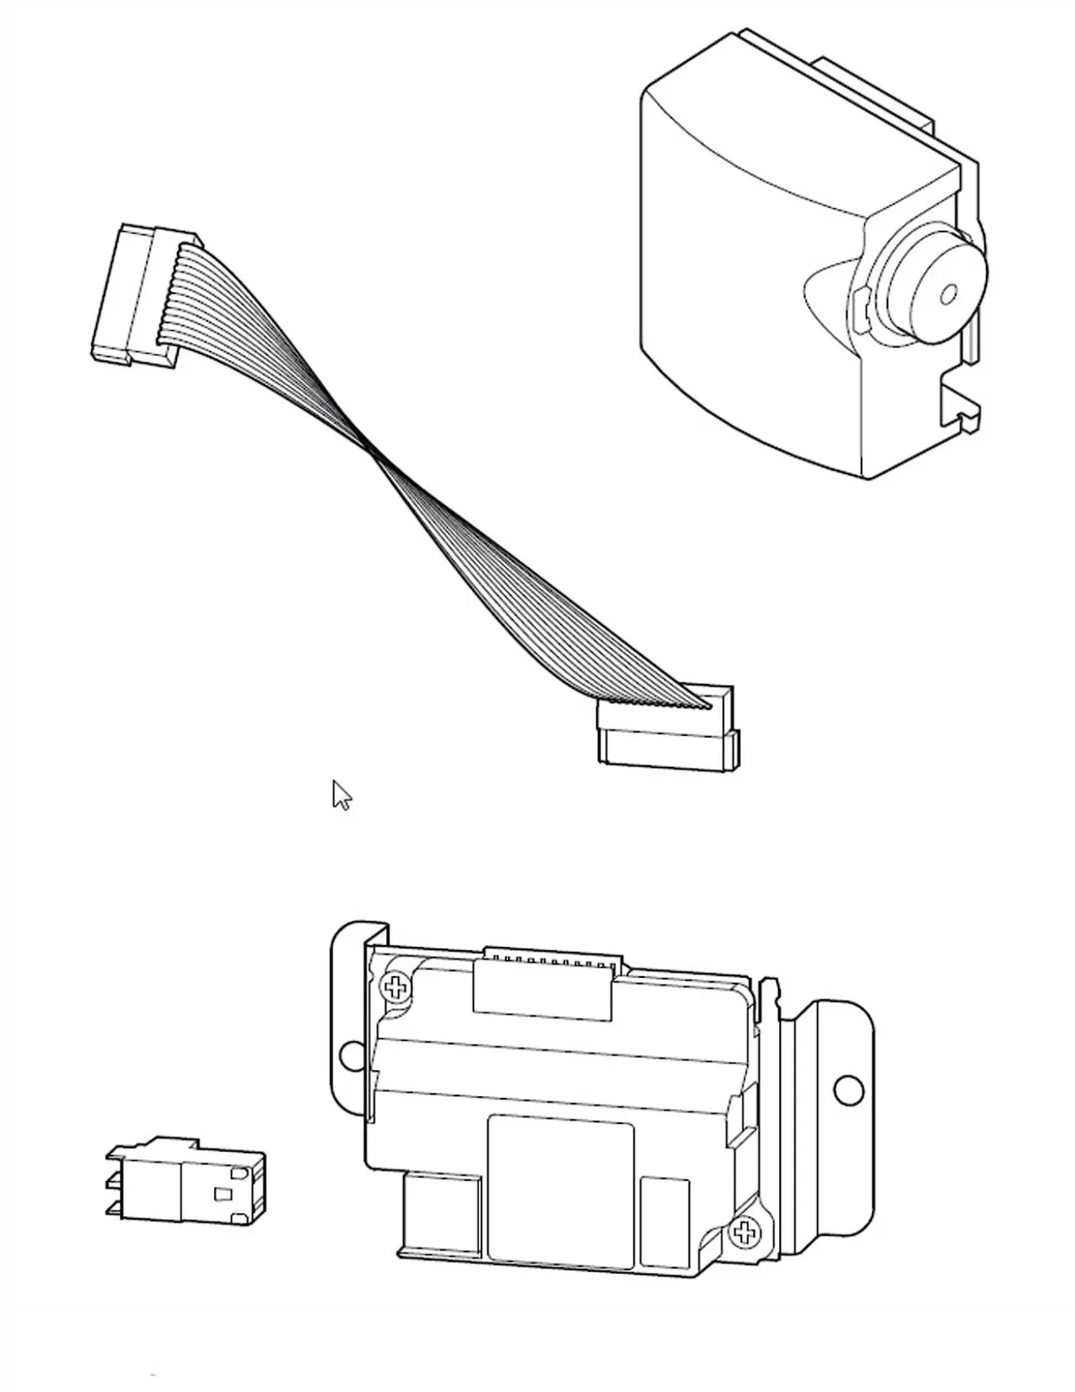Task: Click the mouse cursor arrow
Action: point(340,794)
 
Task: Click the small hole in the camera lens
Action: point(949,293)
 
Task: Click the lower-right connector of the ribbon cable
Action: point(668,729)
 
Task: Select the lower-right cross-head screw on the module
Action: point(742,1232)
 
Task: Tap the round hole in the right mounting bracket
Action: point(847,1090)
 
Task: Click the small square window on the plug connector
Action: point(223,1194)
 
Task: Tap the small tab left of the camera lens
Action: point(859,307)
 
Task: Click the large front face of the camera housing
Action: point(739,319)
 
